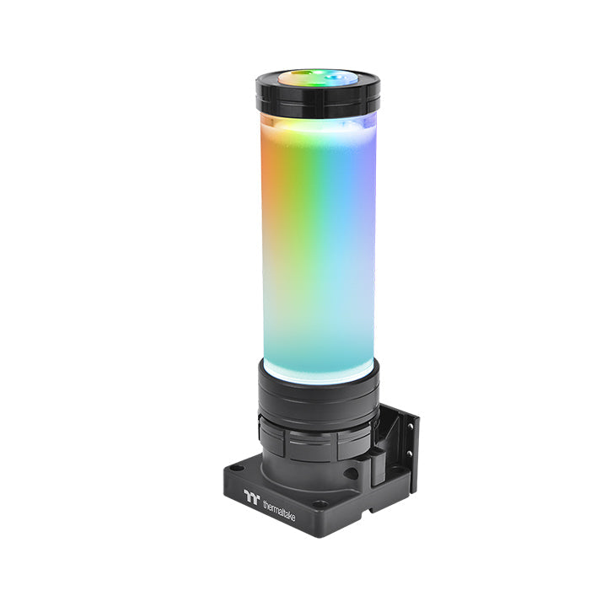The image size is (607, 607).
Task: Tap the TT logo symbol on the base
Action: pos(250,497)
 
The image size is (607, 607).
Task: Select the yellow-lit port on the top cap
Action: pos(297,78)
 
